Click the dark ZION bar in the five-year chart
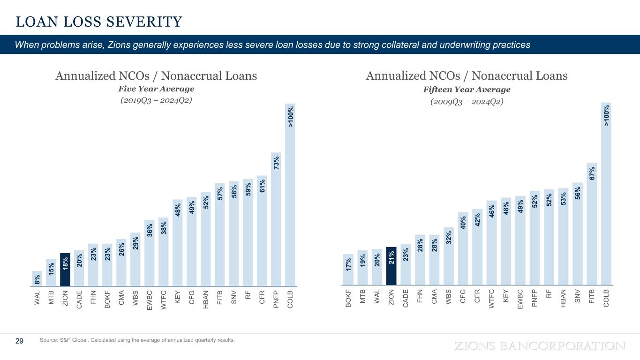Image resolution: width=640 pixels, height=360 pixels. pyautogui.click(x=65, y=270)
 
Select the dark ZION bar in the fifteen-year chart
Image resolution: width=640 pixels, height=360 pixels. pyautogui.click(x=391, y=266)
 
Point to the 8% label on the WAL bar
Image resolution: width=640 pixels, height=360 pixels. pyautogui.click(x=37, y=279)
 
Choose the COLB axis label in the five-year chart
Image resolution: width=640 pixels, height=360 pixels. pyautogui.click(x=290, y=299)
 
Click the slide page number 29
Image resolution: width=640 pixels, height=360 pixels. pyautogui.click(x=20, y=341)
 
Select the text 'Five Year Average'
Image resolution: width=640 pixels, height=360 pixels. pyautogui.click(x=156, y=89)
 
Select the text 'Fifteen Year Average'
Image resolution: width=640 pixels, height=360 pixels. pyautogui.click(x=467, y=89)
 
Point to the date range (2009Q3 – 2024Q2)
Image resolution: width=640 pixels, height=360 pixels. pyautogui.click(x=467, y=101)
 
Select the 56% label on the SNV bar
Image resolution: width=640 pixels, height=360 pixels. pyautogui.click(x=578, y=193)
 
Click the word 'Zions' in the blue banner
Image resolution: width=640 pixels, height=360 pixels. pyautogui.click(x=118, y=45)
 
